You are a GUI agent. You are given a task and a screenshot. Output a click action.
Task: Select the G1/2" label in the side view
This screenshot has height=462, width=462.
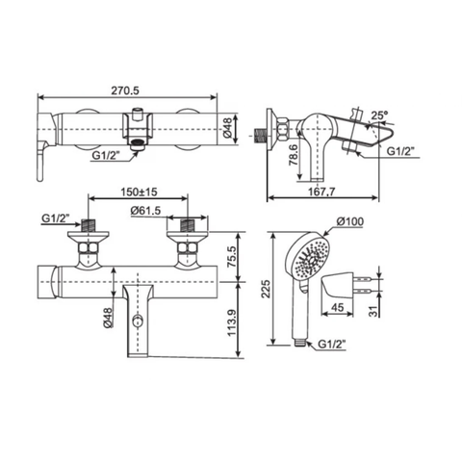pyautogui.click(x=401, y=150)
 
